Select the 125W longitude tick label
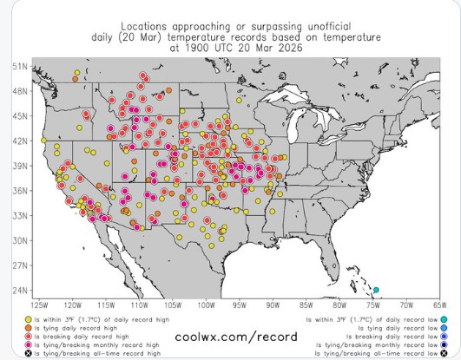click(x=39, y=305)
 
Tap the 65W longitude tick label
click(x=440, y=305)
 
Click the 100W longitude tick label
click(x=206, y=305)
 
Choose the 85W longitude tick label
click(x=306, y=305)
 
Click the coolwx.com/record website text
click(x=229, y=333)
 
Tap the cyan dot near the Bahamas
click(x=377, y=289)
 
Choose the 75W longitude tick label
click(x=373, y=305)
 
